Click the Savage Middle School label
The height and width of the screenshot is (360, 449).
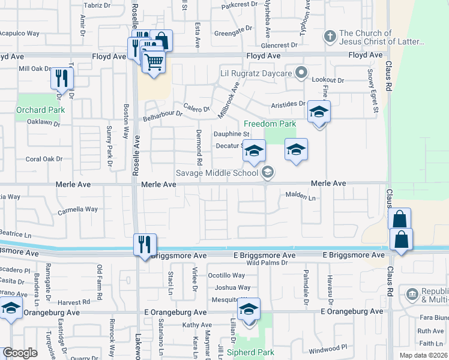click(217, 173)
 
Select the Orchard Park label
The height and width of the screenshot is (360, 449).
click(40, 110)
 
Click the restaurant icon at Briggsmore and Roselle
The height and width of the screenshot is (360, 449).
click(145, 244)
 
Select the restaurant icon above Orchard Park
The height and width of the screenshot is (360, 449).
click(62, 78)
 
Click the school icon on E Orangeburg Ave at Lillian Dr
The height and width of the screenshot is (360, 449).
click(248, 310)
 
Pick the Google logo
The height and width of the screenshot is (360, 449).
click(20, 353)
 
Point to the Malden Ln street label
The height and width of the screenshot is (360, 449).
click(300, 196)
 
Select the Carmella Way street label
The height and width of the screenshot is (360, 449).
click(77, 210)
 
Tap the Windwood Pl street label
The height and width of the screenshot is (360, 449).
click(328, 347)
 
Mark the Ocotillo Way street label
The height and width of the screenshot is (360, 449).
click(226, 275)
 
